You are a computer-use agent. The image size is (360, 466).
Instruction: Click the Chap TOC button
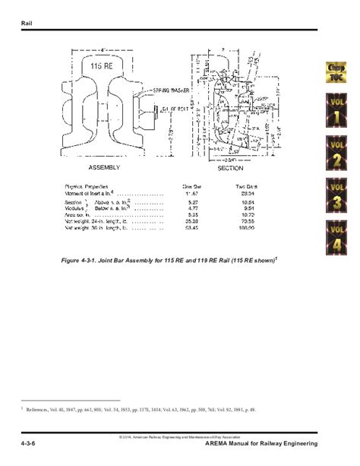[x=338, y=74]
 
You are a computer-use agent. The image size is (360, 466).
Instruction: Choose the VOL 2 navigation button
[x=338, y=152]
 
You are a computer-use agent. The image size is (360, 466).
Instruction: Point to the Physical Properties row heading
[x=87, y=186]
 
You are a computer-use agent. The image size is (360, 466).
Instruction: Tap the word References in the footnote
[x=44, y=408]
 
